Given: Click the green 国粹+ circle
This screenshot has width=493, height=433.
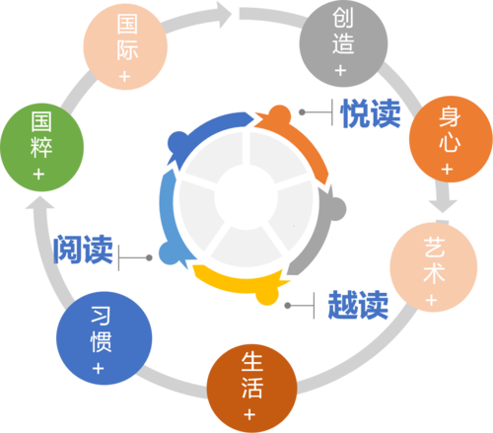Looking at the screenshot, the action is (41, 147).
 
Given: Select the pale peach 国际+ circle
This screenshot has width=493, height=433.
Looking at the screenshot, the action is (125, 46).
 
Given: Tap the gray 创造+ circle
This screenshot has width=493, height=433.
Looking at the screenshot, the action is (343, 43).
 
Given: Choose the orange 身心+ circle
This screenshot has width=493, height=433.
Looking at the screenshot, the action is (451, 139).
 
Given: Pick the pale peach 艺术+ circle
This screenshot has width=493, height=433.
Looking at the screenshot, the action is (434, 267).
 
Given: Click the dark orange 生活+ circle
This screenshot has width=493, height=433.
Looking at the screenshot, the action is (251, 389).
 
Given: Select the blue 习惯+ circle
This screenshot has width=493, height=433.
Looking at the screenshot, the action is (104, 338).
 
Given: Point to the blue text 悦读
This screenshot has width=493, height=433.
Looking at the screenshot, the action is (371, 113).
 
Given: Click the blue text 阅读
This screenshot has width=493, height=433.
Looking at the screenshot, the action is (83, 250).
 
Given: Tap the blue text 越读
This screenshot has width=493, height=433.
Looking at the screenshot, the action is (358, 305).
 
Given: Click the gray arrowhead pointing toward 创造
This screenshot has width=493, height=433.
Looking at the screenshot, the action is (225, 14).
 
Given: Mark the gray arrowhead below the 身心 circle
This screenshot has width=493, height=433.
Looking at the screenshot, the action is (443, 205).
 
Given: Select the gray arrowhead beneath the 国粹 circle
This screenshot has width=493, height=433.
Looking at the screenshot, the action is (39, 202).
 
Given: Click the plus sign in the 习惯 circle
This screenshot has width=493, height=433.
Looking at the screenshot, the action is (99, 369).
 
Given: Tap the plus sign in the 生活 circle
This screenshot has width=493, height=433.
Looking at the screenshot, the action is (249, 414).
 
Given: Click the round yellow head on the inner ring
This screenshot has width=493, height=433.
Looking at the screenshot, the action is (267, 295).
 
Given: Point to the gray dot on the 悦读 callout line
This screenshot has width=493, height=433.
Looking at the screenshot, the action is (302, 112).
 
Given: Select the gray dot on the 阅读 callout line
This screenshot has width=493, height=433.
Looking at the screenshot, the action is (149, 257).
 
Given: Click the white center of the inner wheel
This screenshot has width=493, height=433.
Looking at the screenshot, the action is (246, 197).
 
